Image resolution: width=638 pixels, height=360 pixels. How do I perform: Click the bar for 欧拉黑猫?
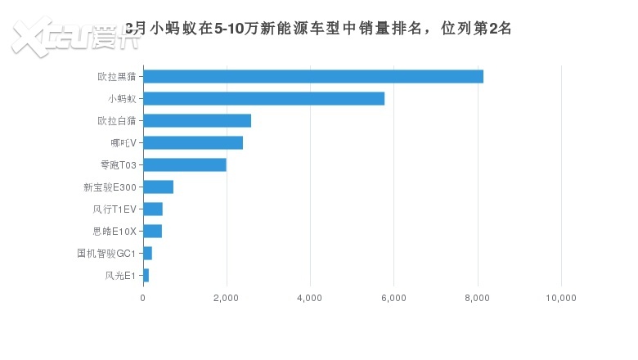(313, 77)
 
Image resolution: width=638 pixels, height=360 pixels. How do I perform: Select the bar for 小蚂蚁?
(263, 99)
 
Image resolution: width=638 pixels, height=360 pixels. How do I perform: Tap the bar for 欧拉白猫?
(197, 121)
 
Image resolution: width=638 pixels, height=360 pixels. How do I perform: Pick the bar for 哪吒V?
(193, 143)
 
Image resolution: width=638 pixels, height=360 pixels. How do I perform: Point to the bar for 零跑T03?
(185, 165)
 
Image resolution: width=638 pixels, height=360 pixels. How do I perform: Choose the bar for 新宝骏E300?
(159, 187)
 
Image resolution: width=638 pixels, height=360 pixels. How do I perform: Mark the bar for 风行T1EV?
(153, 209)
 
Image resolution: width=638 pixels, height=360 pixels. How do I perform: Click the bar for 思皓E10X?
(153, 232)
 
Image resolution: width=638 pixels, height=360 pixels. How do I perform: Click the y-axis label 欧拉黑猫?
(117, 77)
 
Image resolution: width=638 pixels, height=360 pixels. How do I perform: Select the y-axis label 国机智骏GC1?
(106, 254)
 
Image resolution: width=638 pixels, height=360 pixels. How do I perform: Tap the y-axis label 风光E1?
(121, 276)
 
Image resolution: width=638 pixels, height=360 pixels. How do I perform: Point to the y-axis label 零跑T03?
(116, 165)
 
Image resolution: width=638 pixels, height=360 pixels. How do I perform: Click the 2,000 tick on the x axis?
(227, 298)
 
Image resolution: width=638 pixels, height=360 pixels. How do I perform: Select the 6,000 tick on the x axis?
(394, 298)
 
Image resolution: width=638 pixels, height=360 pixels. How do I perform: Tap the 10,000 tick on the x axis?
(561, 298)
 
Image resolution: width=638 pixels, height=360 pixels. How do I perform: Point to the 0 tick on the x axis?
(143, 298)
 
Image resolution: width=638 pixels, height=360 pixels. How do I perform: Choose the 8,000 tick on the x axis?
(478, 298)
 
